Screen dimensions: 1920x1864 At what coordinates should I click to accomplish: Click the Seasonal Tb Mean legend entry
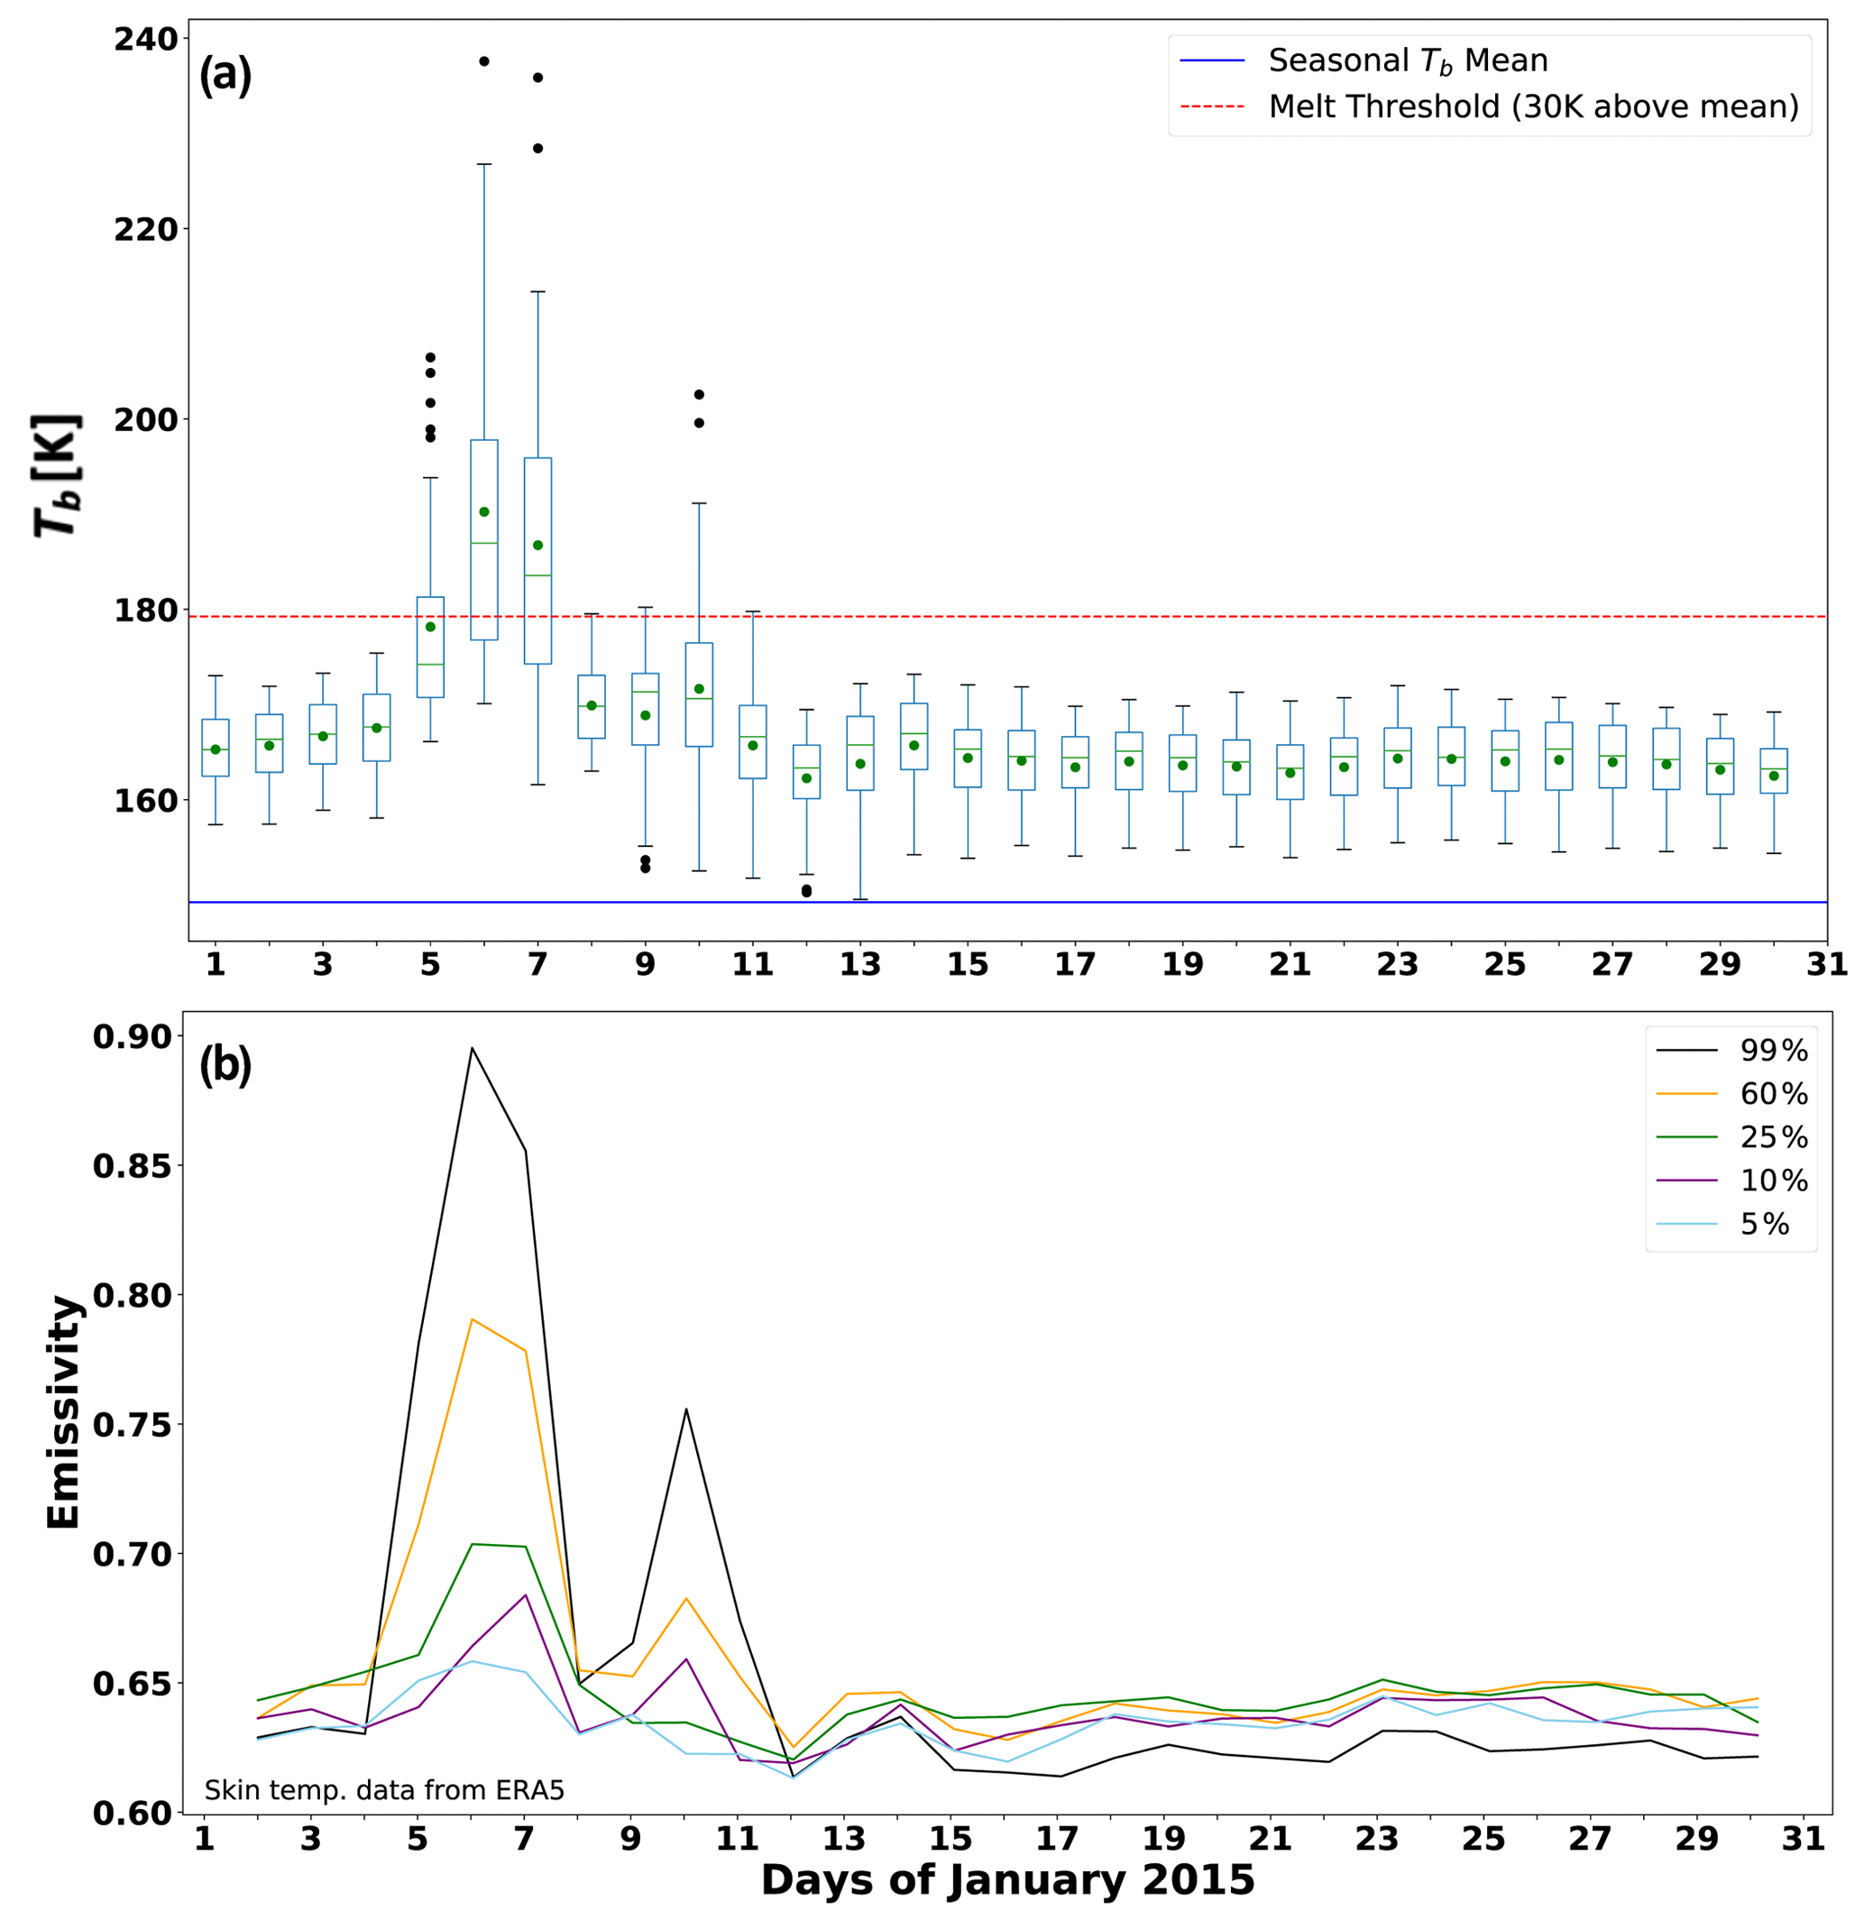click(x=1408, y=60)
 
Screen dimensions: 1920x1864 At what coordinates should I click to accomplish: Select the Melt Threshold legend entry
click(x=1533, y=106)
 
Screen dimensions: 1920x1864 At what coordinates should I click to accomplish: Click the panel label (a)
click(x=225, y=75)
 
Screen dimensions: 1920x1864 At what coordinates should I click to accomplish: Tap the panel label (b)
click(x=225, y=1065)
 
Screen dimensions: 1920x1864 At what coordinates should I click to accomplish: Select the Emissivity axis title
click(x=64, y=1412)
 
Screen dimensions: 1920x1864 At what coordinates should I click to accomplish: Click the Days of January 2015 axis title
click(x=1007, y=1879)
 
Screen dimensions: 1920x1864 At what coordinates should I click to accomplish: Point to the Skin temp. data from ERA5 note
click(x=384, y=1791)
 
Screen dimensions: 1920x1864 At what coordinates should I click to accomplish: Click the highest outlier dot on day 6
click(x=484, y=61)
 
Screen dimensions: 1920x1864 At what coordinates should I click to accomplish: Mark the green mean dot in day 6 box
click(x=484, y=512)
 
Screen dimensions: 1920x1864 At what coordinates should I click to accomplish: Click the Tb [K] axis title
click(x=57, y=475)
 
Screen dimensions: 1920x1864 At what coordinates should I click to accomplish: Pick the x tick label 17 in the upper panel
click(x=1075, y=966)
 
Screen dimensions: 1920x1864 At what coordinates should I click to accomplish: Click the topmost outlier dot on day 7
click(x=537, y=78)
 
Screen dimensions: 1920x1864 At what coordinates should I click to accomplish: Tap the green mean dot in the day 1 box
click(x=216, y=750)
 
